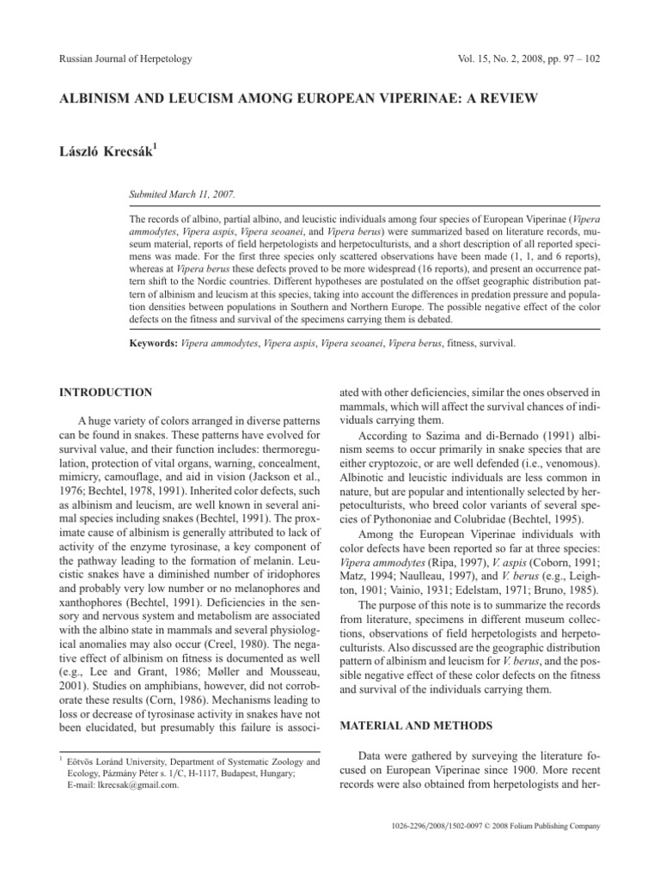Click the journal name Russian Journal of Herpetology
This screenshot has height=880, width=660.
coord(125,58)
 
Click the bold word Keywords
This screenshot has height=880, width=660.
coord(155,343)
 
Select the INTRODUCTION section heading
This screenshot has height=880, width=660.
coord(105,392)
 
